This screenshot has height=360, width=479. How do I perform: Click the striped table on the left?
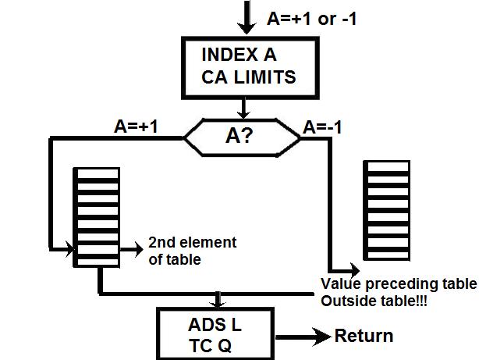coord(96,219)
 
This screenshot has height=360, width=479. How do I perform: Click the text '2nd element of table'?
coord(192,251)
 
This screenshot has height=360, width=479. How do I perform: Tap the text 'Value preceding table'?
coord(397,283)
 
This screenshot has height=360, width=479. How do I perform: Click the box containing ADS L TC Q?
coord(215,333)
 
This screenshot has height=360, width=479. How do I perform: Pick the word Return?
coord(364,337)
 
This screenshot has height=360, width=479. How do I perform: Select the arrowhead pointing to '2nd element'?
coord(137,250)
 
